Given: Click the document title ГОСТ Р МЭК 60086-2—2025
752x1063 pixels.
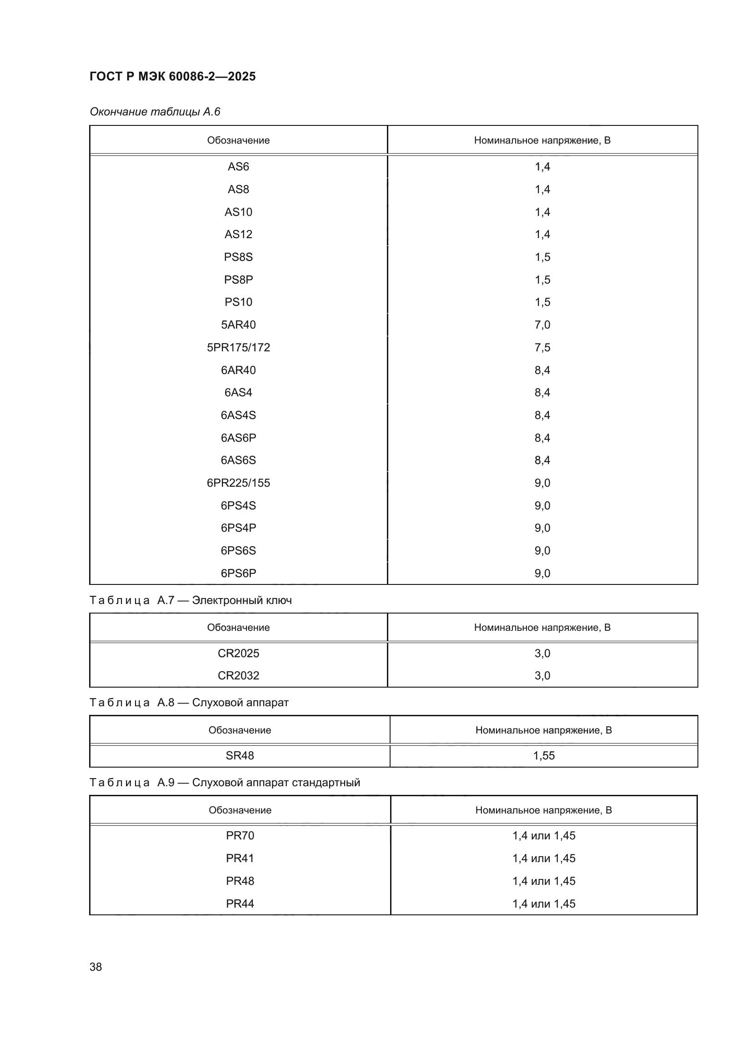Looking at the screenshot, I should coord(172,76).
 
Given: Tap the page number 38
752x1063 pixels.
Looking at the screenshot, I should coord(96,967).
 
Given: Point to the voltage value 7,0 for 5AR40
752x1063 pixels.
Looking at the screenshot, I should coord(542,324).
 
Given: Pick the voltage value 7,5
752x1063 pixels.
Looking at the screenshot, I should coord(542,347).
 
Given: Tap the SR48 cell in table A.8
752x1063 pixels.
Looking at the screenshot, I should coord(240,756).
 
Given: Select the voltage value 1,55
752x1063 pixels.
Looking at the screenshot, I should coord(544,756).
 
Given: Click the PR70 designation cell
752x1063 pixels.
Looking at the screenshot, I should coord(240,836).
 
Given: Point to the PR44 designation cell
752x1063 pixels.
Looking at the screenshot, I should coord(240,903).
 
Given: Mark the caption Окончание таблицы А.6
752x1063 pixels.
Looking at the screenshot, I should coord(155,112).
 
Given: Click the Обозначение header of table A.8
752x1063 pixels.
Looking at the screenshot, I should coord(240,730).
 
